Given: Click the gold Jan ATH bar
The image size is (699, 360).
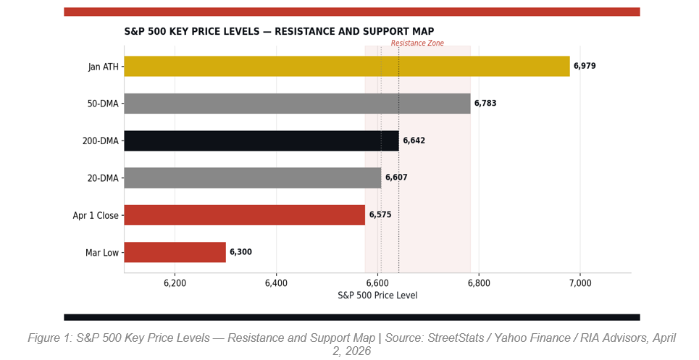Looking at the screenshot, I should [346, 67].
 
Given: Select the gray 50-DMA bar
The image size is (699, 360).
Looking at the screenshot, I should [297, 104].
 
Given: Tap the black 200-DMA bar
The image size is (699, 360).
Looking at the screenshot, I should [261, 141].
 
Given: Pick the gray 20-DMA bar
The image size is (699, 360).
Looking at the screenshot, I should [252, 178].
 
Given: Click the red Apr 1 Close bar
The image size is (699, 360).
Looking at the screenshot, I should [244, 215].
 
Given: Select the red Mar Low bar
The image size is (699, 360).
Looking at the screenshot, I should [175, 252].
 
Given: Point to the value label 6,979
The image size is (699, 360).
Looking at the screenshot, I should [585, 67].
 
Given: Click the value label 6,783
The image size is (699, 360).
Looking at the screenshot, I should [485, 104].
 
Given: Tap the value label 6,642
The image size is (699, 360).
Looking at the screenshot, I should [414, 141].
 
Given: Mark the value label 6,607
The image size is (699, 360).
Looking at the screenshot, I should [396, 178].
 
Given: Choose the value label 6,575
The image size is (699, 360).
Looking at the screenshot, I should [380, 215].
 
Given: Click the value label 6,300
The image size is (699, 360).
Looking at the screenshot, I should [240, 252].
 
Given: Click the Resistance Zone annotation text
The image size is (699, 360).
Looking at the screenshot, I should [417, 43].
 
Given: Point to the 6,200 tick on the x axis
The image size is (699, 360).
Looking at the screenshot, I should [175, 283].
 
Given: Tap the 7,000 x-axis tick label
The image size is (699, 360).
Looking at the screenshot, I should [580, 283].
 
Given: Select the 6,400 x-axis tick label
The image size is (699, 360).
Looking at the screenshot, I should [276, 283].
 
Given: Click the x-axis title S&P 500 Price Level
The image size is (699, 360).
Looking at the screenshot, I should [377, 296].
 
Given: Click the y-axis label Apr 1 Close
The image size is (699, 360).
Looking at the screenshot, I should [96, 215].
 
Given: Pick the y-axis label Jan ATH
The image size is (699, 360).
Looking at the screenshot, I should [103, 67].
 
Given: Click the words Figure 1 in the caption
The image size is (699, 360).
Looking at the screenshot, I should [50, 338].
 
